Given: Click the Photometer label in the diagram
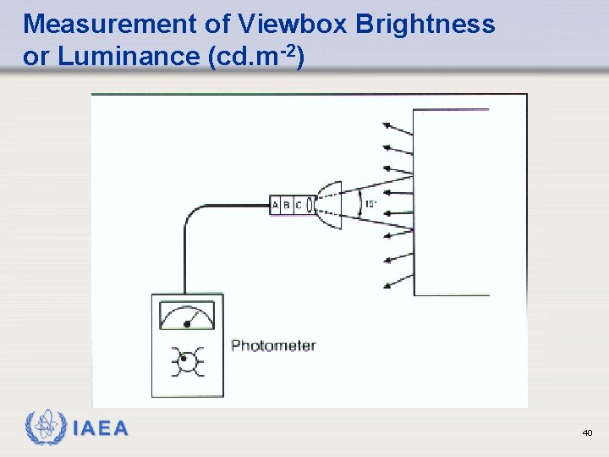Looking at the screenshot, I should (273, 345).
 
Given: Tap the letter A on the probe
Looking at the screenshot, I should (276, 205).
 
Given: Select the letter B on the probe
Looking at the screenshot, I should (287, 205).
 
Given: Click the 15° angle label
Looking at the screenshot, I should (370, 204).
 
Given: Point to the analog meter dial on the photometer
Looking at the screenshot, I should (187, 317).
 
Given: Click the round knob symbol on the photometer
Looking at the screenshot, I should (187, 361).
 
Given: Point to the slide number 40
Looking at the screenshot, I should (587, 433).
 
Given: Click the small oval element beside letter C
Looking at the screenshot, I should (310, 205).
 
